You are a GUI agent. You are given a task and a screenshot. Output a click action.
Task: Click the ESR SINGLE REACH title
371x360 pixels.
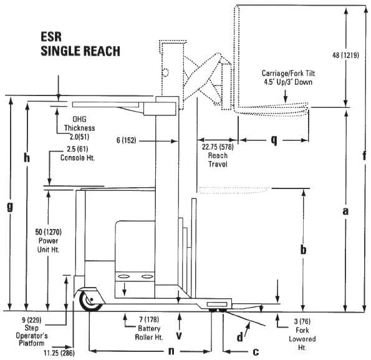pos(80,44)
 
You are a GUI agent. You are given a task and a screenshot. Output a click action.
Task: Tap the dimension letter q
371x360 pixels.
pos(274,140)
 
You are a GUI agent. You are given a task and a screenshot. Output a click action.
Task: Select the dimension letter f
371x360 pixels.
pos(365,155)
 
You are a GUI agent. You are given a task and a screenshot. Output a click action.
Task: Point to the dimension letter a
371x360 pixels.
pos(345,211)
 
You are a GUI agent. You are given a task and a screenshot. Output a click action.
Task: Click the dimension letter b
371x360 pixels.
pos(303,249)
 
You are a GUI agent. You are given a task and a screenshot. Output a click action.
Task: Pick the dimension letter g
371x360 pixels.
pos(10,207)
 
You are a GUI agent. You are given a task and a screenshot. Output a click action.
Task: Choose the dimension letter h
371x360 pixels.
pos(27,157)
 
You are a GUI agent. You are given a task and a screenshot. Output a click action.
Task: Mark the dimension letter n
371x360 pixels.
pos(171,351)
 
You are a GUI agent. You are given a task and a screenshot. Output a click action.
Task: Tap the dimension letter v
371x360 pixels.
pos(179,336)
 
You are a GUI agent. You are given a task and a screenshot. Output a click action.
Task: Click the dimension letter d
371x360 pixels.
pos(240,336)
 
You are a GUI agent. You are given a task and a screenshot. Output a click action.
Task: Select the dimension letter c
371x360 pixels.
pos(256,352)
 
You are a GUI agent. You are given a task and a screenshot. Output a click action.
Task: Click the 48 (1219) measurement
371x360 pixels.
pos(345,56)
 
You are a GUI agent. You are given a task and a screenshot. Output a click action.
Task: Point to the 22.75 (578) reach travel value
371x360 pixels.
pos(218,147)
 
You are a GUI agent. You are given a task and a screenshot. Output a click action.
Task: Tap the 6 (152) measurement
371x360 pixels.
pos(127,140)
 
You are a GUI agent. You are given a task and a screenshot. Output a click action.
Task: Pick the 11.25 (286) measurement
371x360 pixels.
pos(59,353)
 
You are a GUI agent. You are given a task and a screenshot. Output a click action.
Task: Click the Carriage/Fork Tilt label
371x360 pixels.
pos(288,73)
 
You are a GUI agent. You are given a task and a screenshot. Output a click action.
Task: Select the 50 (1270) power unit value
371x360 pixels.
pos(48,232)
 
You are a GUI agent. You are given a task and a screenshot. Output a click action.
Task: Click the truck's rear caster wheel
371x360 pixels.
pos(90,301)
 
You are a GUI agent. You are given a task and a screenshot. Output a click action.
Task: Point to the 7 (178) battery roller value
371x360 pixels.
pos(149,320)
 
